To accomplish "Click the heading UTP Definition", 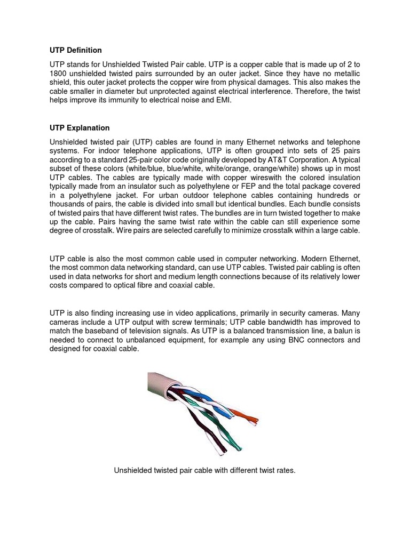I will click(x=75, y=50).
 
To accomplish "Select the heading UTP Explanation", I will click(x=80, y=128).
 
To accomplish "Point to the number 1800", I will click(x=59, y=74).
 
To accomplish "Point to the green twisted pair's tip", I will click(x=238, y=445).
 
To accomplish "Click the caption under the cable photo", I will click(x=204, y=471).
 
